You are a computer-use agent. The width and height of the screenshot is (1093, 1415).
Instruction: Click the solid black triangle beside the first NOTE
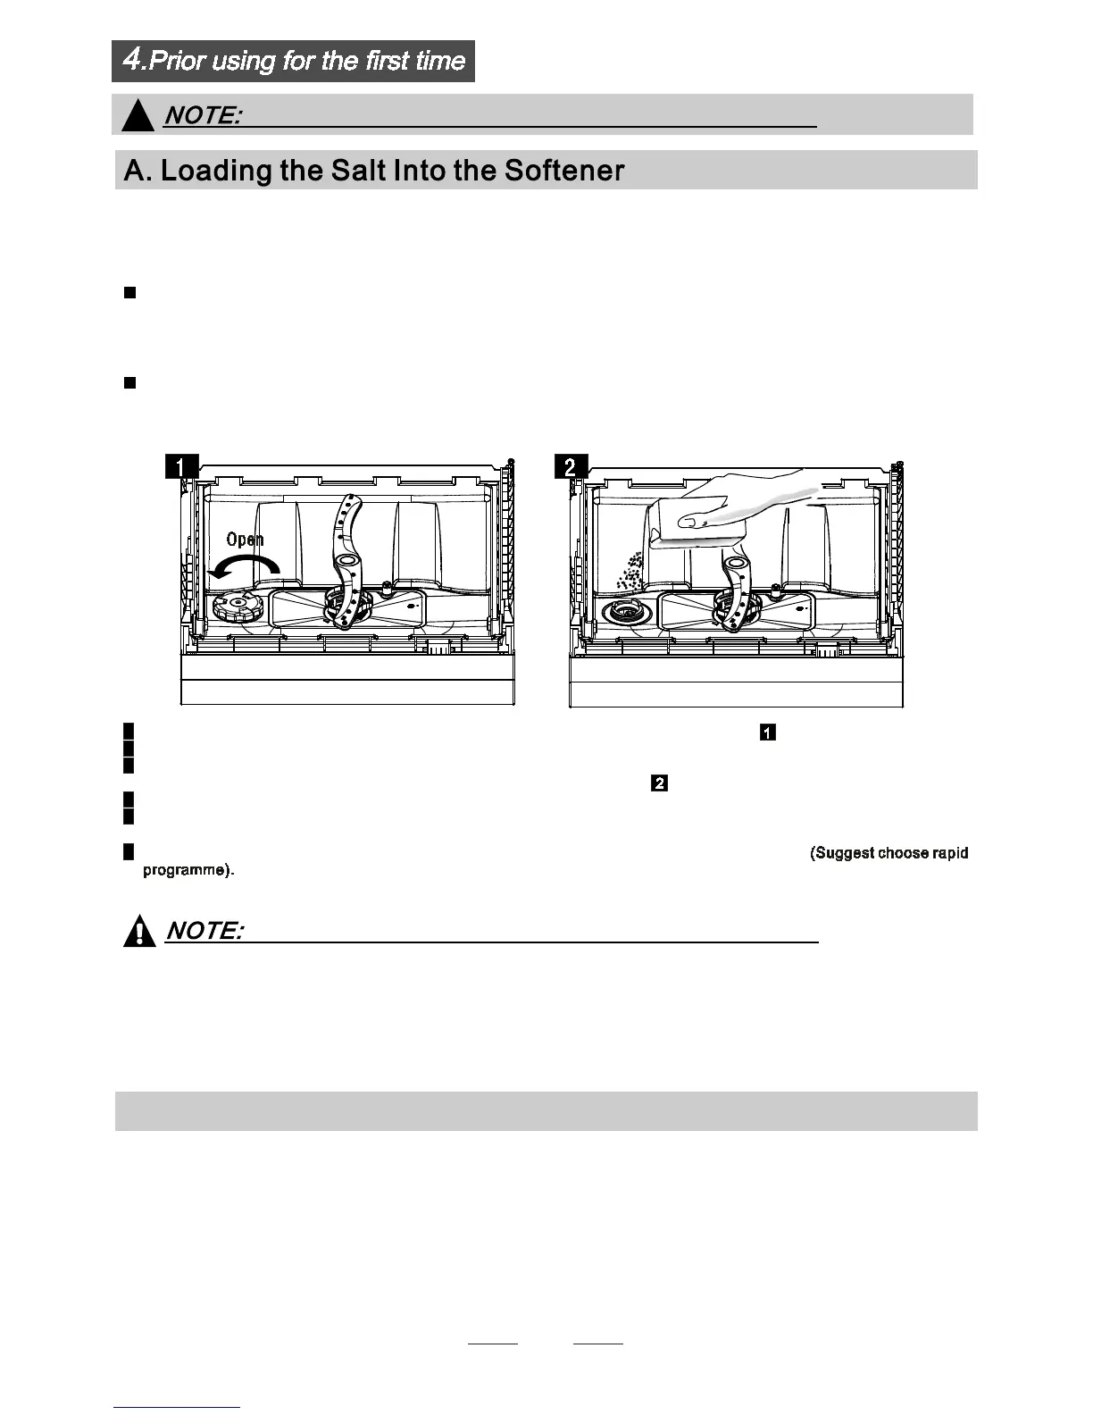138,116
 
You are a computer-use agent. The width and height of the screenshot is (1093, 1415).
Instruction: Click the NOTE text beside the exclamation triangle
204,931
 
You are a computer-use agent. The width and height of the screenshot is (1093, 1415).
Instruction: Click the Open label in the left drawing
245,539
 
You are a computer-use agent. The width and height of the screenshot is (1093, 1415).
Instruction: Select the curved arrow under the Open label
245,566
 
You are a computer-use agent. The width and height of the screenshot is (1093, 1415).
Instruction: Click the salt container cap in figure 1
237,607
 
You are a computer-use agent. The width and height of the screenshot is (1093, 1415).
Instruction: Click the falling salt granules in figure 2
630,570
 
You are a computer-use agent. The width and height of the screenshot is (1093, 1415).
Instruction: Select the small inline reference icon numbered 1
767,733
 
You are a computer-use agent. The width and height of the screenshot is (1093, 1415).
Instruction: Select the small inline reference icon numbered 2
660,783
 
